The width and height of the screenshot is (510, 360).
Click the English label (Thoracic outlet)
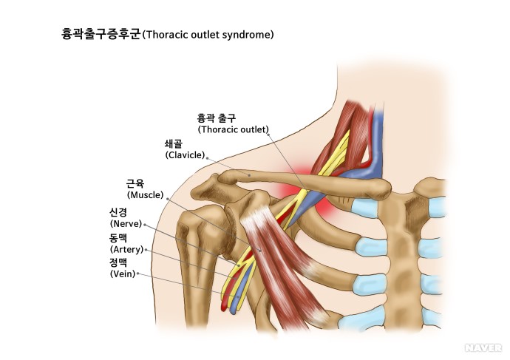tap(234, 129)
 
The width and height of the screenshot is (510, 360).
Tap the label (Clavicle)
tap(185, 155)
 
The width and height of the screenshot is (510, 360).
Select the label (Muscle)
tap(146, 196)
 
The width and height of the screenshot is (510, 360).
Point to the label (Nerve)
tap(125, 223)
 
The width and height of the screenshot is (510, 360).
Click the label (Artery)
tap(126, 249)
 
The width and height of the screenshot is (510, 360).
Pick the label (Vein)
tap(122, 274)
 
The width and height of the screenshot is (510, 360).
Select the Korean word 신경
tap(118, 212)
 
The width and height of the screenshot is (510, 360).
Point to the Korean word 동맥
tap(118, 238)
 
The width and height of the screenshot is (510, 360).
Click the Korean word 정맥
tap(118, 262)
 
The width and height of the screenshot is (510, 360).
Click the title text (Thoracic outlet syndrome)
tap(208, 34)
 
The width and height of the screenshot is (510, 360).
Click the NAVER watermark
tap(483, 347)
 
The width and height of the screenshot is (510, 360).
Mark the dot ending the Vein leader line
tap(138, 274)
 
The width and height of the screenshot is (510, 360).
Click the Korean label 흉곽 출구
tap(216, 118)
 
